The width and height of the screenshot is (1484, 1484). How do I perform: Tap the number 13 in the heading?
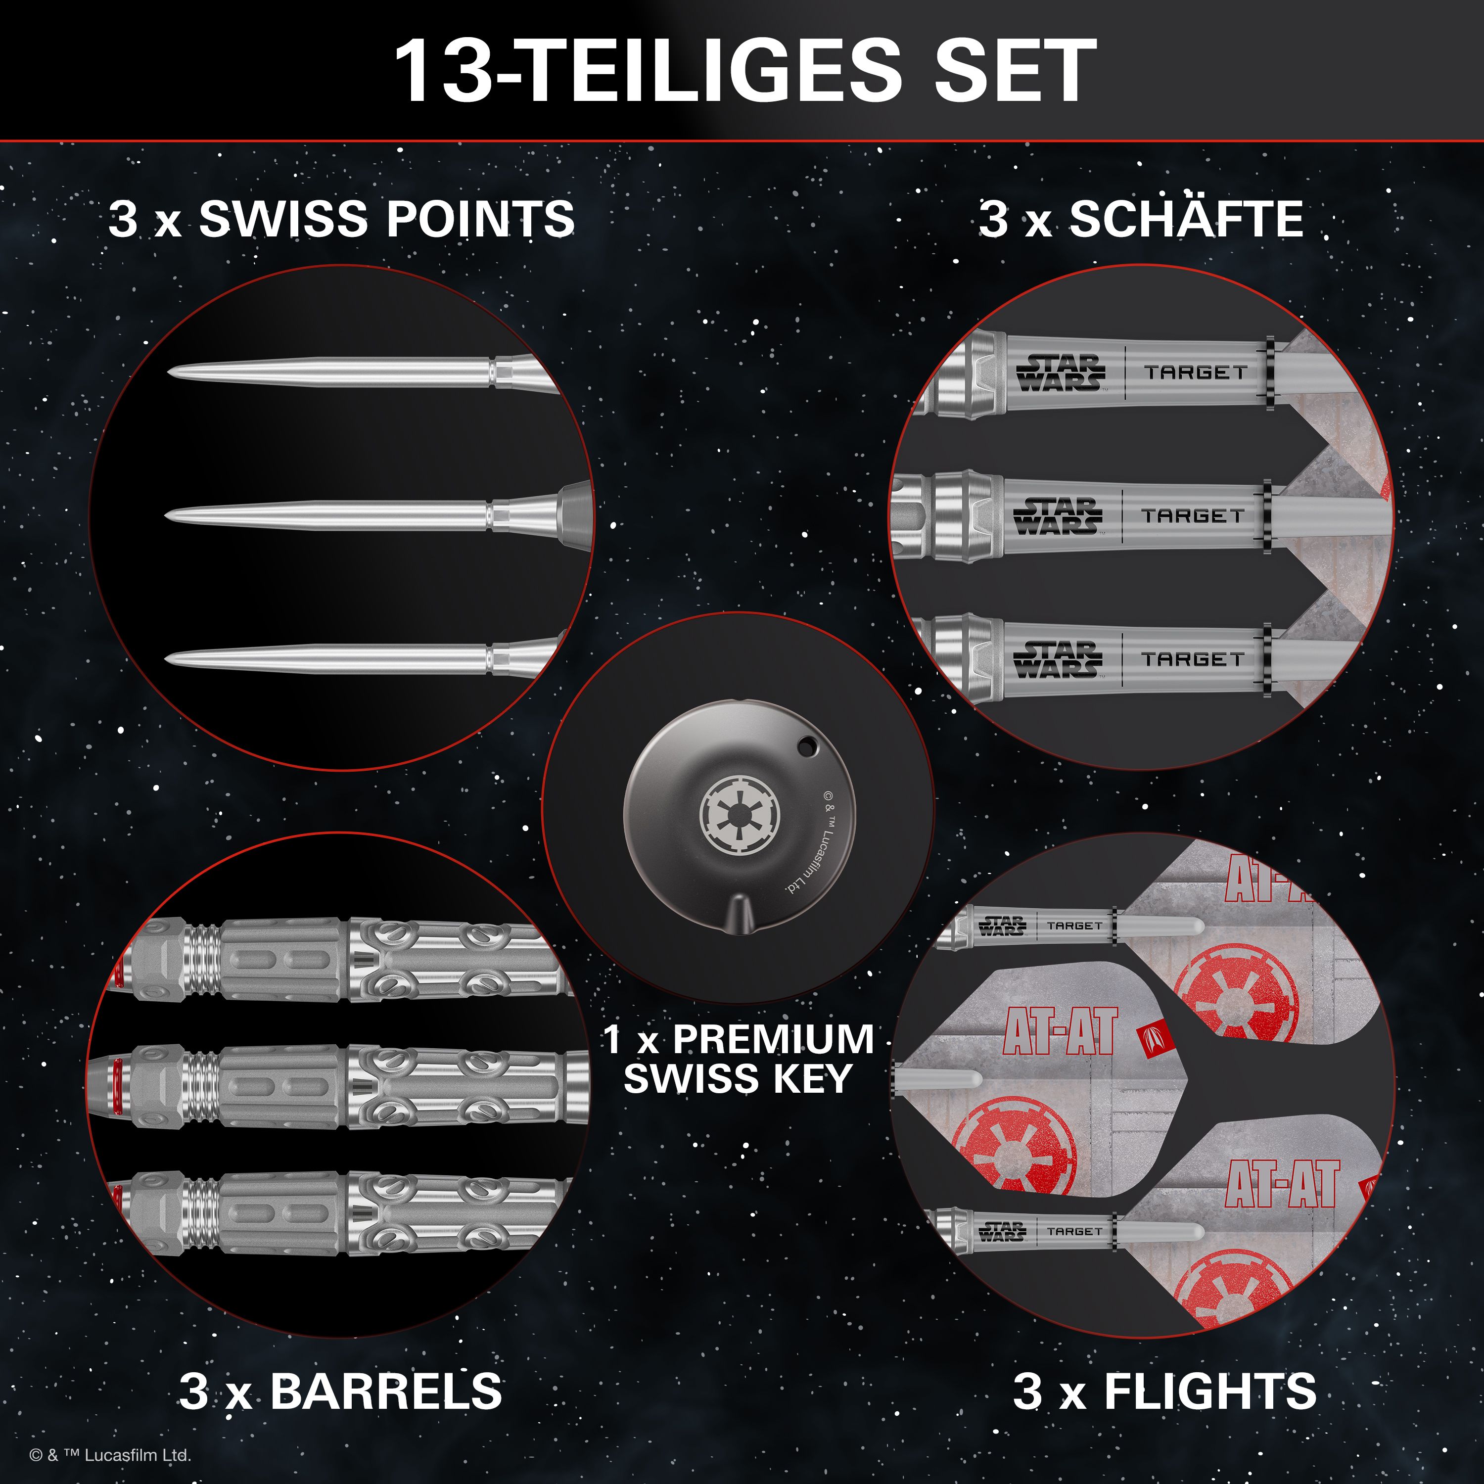coord(442,71)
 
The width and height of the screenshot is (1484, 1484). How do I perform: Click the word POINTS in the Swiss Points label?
coord(479,220)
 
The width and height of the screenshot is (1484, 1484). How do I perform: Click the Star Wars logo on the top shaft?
coord(1061,372)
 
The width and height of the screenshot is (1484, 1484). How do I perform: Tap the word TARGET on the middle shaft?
coord(1192,516)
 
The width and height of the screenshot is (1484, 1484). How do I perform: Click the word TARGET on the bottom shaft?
coord(1192,659)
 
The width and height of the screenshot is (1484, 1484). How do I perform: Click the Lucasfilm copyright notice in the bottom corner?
coord(110,1455)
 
